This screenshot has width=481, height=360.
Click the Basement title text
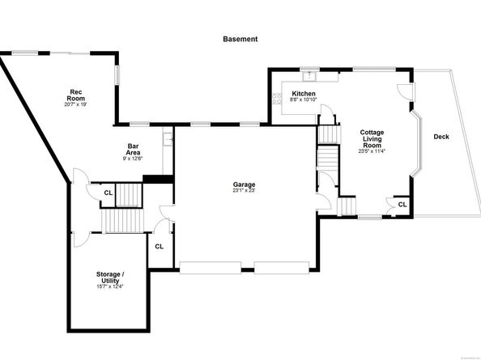[240, 38]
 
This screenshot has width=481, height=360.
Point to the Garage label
[244, 184]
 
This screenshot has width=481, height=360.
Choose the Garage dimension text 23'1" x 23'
[244, 191]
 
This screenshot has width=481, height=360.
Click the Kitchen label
[304, 94]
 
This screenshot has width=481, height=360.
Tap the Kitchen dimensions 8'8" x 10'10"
[304, 100]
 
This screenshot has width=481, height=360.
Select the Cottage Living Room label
[372, 138]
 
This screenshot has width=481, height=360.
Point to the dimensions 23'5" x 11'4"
[372, 150]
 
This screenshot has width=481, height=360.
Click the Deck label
[441, 137]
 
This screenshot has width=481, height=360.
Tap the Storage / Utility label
[109, 278]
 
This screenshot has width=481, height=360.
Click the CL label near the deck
[402, 205]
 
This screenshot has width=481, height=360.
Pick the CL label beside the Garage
[160, 246]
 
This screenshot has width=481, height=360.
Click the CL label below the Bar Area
[108, 193]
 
